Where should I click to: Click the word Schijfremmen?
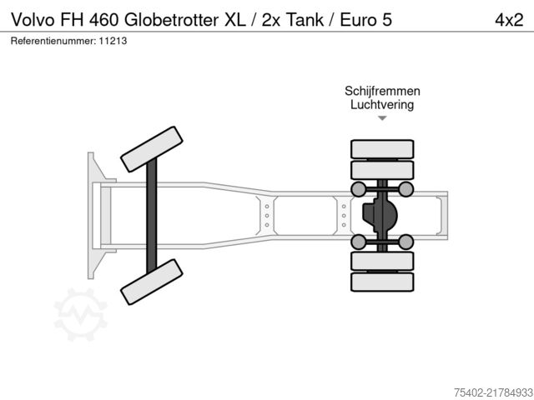(x=382, y=91)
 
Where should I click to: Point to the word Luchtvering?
(x=382, y=105)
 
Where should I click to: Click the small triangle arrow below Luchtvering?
(x=382, y=118)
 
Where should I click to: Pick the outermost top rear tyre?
(x=382, y=149)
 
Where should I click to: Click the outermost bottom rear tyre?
(x=382, y=282)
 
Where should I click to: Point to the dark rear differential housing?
(x=377, y=215)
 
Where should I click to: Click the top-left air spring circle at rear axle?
(x=358, y=188)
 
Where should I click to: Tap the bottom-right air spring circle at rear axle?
(x=406, y=242)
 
